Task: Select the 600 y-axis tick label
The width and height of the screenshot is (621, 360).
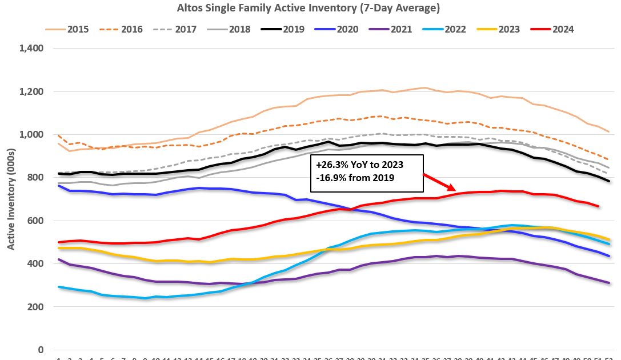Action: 37,221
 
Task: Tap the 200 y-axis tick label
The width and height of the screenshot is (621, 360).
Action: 37,307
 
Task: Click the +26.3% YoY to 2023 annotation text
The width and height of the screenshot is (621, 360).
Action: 359,165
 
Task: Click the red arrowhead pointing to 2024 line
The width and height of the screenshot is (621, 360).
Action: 452,187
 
